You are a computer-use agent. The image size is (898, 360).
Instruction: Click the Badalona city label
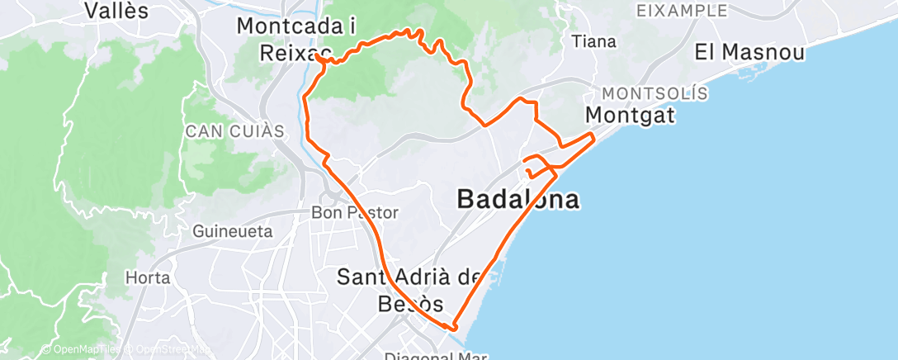click(x=518, y=199)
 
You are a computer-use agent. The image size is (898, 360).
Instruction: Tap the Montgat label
click(x=630, y=114)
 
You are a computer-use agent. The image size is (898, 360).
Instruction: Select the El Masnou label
click(x=749, y=52)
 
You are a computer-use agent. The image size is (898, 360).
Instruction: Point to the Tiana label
click(x=594, y=41)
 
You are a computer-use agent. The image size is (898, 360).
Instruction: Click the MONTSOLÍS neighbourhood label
click(x=655, y=92)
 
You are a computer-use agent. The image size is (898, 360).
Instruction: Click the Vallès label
click(x=116, y=11)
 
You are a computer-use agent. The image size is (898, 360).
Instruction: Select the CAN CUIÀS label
click(x=234, y=131)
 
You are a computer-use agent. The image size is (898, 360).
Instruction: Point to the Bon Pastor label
click(x=354, y=212)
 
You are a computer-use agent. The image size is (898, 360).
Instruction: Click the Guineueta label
click(x=233, y=232)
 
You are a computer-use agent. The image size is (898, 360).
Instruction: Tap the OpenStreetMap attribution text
click(x=169, y=350)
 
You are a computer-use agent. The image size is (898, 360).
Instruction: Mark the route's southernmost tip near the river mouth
click(x=451, y=327)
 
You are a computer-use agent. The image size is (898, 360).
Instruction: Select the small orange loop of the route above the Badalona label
click(x=539, y=165)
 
